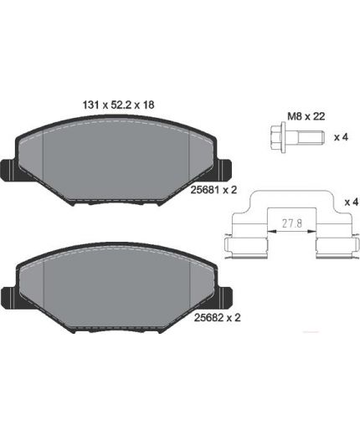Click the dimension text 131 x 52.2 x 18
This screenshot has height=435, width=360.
click(118, 105)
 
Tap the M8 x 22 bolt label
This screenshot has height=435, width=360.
click(306, 116)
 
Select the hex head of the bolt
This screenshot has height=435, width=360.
click(276, 137)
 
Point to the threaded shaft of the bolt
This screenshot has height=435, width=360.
click(311, 137)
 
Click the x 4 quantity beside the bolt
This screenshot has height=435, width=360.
click(342, 137)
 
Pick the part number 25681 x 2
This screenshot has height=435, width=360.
click(213, 190)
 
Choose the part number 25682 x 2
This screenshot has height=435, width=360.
click(217, 318)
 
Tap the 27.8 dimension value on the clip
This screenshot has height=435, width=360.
click(292, 223)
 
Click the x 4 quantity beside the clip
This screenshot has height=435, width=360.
click(352, 202)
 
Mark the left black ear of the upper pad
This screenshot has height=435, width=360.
click(9, 171)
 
